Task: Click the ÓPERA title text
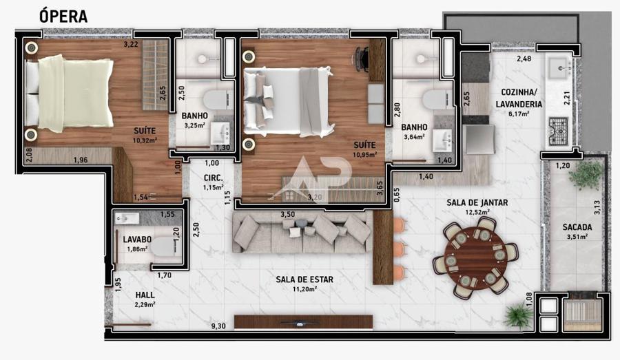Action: [x=63, y=16]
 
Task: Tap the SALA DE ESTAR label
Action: [x=304, y=279]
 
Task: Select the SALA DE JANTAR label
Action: [x=477, y=203]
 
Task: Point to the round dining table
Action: [x=475, y=257]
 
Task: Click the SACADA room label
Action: [x=577, y=227]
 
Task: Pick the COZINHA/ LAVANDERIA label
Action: [x=519, y=98]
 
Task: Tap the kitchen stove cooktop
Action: [x=558, y=131]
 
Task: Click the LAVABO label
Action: [x=137, y=240]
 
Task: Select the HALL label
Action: [x=145, y=295]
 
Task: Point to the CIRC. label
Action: [x=213, y=178]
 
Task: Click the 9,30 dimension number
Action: [x=218, y=326]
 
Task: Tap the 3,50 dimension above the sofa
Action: [x=288, y=215]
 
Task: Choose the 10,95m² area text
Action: [x=364, y=154]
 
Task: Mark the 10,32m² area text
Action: [x=145, y=140]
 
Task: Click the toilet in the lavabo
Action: [x=163, y=246]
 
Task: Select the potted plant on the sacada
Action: [x=586, y=174]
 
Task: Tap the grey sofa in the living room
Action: [x=302, y=233]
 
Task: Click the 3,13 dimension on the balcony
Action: [x=597, y=207]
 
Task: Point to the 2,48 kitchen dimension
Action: [x=524, y=59]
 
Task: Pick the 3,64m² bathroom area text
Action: [x=414, y=137]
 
